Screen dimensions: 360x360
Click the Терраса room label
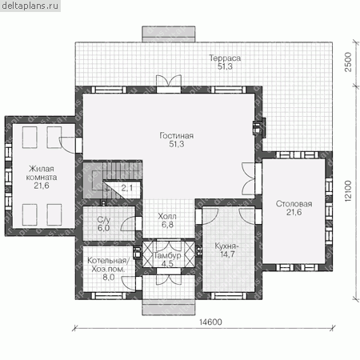pos(225,58)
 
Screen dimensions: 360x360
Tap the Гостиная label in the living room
pos(176,135)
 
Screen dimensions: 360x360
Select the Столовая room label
pos(294,204)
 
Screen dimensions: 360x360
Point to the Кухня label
pos(226,246)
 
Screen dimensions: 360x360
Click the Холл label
pos(167,216)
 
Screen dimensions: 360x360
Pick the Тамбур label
pos(167,255)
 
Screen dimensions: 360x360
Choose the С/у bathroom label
pos(104,220)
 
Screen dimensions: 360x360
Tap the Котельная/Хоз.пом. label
pos(108,265)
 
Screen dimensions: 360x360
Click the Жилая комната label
pos(42,173)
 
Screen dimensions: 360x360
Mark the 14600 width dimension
pos(210,322)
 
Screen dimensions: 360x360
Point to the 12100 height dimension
pos(348,191)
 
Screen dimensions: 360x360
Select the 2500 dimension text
pos(348,62)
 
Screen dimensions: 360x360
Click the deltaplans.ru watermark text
pos(30,6)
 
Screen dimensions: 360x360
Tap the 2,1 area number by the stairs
pos(127,188)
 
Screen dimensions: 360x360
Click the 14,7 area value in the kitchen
pos(227,254)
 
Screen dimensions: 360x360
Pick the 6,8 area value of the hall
pos(167,225)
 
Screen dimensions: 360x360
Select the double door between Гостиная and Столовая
pos(249,178)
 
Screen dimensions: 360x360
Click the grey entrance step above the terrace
pos(169,34)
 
